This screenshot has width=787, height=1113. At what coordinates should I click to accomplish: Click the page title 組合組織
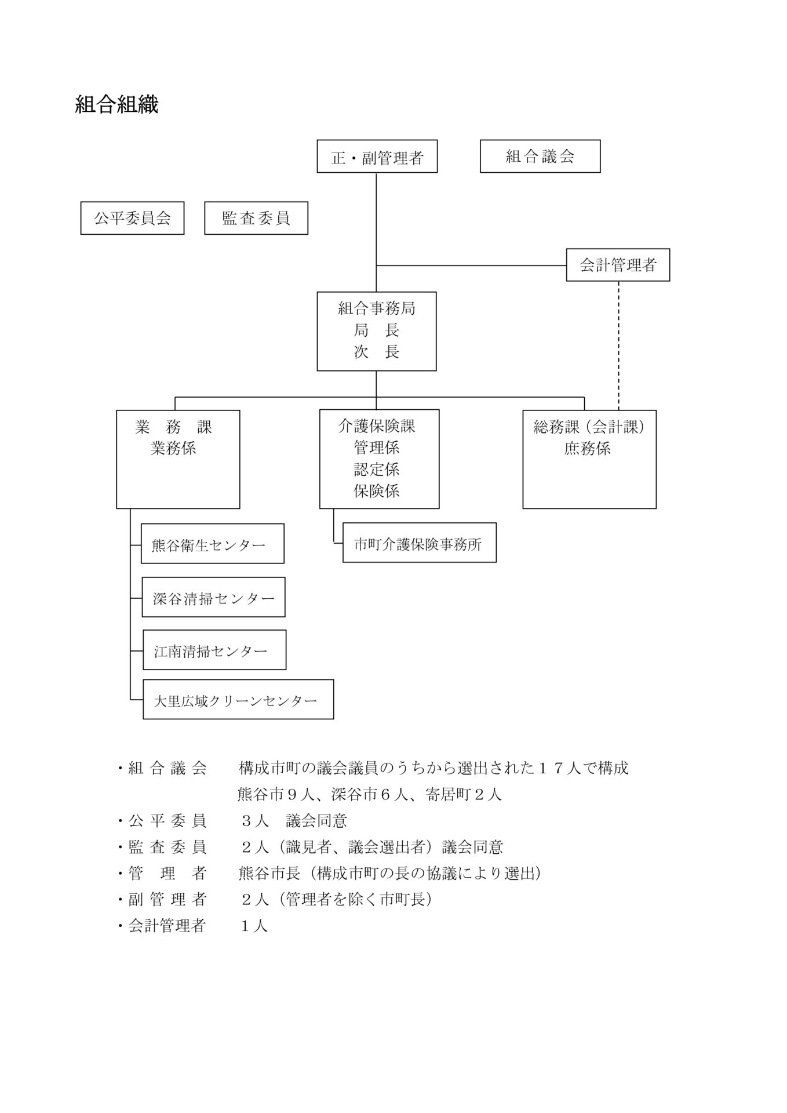pos(116,105)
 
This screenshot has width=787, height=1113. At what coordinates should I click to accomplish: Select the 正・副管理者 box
pos(377,157)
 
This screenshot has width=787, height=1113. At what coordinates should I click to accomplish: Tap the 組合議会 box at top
pos(540,157)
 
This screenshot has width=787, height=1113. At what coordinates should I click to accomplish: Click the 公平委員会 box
pos(132,218)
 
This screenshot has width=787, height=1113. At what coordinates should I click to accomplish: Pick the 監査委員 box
pos(256,218)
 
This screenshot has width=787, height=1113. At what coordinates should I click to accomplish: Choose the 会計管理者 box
pos(618,265)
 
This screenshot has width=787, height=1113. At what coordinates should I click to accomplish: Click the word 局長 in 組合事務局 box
pos(377,330)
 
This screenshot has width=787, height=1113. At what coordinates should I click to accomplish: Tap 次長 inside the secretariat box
pos(377,352)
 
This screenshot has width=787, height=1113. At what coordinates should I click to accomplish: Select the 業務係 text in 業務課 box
pos(173,448)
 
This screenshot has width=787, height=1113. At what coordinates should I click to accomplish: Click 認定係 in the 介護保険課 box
pos(377,469)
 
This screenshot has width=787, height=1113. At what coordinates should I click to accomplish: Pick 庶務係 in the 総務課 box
pos(587,448)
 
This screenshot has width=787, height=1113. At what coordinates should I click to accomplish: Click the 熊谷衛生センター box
pos(212,544)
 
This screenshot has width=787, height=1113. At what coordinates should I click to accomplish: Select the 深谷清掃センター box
pos(213,598)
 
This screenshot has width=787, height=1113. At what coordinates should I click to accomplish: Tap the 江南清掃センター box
pos(214,650)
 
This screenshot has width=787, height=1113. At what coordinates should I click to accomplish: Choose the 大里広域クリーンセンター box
pos(238,700)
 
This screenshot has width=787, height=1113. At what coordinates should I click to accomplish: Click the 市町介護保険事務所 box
pos(419,543)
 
